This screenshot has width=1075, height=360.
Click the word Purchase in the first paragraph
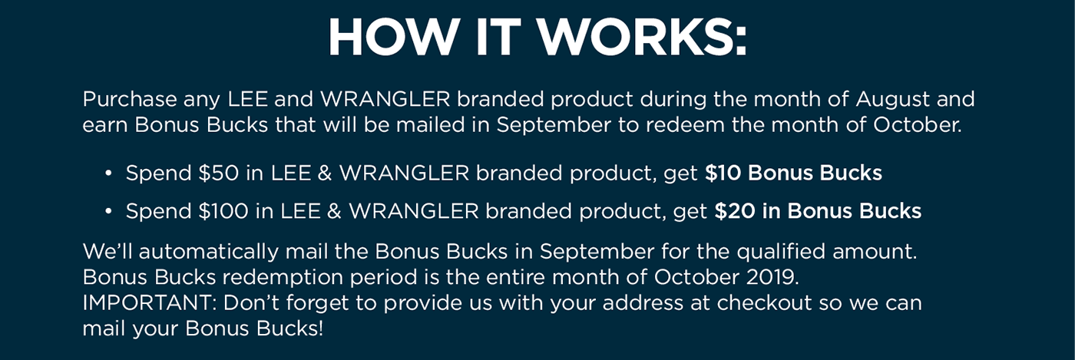click(130, 99)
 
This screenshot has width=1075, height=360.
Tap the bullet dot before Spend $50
click(108, 173)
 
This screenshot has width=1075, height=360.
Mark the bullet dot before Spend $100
click(108, 211)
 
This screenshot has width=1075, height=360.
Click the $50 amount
click(218, 173)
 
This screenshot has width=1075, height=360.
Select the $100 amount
click(223, 211)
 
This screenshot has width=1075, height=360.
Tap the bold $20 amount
click(735, 211)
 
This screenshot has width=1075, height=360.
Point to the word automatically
click(209, 252)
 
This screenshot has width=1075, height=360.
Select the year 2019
click(772, 277)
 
